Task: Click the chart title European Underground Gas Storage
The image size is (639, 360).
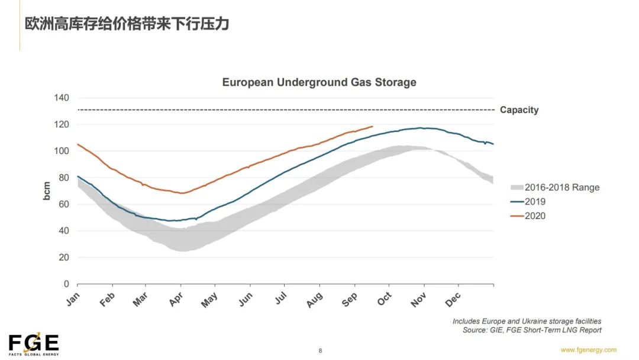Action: (x=319, y=82)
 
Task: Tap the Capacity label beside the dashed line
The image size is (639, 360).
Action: (x=519, y=110)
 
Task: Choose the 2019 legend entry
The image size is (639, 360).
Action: (x=535, y=202)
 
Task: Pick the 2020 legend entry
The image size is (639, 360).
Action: (x=535, y=216)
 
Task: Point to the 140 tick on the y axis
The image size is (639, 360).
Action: (x=62, y=98)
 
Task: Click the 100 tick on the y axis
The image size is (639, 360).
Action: (x=62, y=151)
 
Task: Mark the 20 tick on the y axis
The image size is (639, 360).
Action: (x=64, y=258)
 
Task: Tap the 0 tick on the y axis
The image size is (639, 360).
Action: (x=66, y=284)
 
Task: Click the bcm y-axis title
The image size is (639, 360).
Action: (x=47, y=191)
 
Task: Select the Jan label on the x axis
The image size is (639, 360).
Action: (x=72, y=299)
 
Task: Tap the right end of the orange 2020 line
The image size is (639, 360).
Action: (x=373, y=126)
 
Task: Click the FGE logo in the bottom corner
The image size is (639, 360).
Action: (x=34, y=344)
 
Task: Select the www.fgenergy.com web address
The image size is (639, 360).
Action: (x=588, y=350)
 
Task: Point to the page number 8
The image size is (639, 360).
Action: (x=320, y=351)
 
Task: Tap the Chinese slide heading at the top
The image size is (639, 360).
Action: (x=127, y=24)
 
